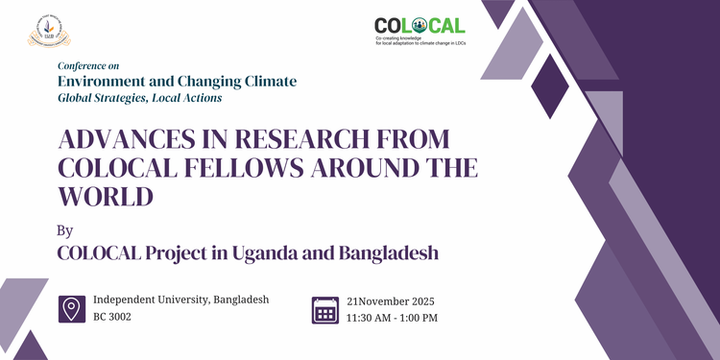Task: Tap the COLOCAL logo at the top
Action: pos(419,33)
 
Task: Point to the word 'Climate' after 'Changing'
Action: pos(267,82)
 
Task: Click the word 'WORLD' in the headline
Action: pos(106,196)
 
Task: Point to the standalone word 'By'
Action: pos(65,230)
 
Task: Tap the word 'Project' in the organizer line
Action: pos(191,254)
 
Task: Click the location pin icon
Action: pos(71,309)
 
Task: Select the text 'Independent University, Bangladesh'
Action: pos(181,300)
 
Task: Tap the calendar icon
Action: pos(326,309)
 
